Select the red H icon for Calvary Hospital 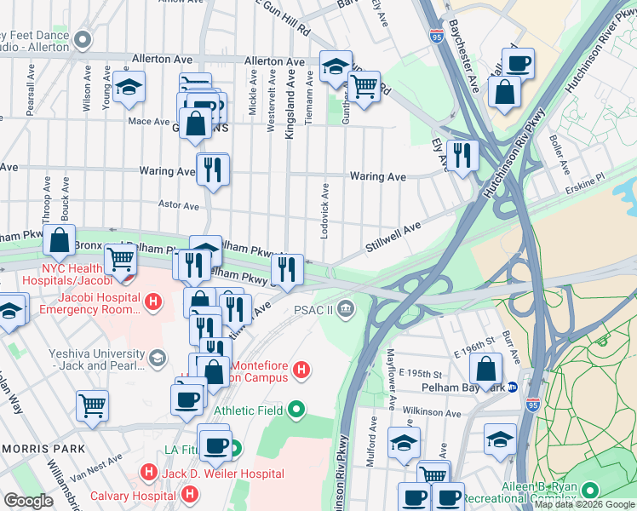pyautogui.click(x=191, y=493)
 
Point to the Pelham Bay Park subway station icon pyautogui.click(x=513, y=387)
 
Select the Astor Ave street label pyautogui.click(x=179, y=206)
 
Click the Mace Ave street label pyautogui.click(x=148, y=122)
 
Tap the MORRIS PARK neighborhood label pyautogui.click(x=42, y=448)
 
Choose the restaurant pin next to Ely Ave pyautogui.click(x=462, y=155)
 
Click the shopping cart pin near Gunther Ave pyautogui.click(x=364, y=86)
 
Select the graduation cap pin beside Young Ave pyautogui.click(x=129, y=87)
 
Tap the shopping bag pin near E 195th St pyautogui.click(x=485, y=369)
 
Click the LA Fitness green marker pyautogui.click(x=233, y=447)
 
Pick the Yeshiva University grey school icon pyautogui.click(x=156, y=359)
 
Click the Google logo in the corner pyautogui.click(x=27, y=501)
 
